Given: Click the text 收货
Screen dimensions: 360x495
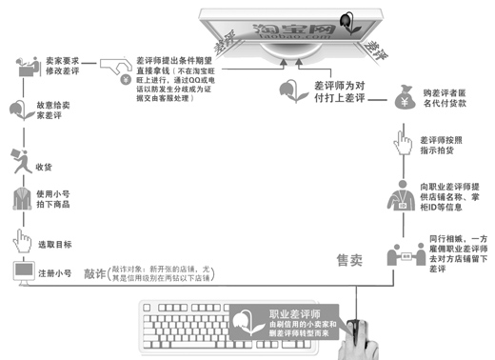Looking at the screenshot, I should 43,166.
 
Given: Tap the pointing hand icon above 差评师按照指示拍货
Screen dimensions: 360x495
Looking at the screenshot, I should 402,145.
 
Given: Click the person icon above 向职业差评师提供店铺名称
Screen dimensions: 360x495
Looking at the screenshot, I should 401,197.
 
